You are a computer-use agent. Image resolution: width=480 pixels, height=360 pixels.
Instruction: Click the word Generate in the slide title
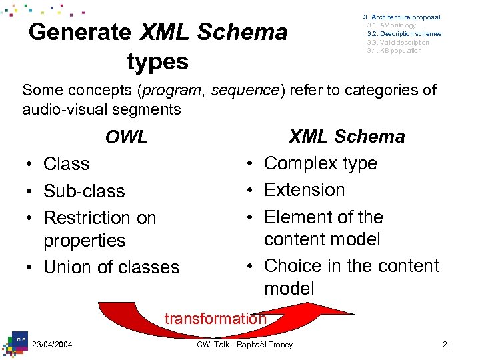[x=80, y=32]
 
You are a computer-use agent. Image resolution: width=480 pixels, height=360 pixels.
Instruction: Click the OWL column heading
[x=126, y=137]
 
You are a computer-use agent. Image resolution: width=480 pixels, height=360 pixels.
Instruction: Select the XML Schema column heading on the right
[x=346, y=137]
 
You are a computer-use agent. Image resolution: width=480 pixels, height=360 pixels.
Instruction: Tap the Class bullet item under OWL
[x=66, y=164]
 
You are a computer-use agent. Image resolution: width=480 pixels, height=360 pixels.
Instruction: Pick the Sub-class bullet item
[x=84, y=191]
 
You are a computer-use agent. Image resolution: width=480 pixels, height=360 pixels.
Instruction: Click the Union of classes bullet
[x=111, y=267]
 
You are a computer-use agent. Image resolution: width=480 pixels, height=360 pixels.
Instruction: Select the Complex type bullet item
[x=320, y=163]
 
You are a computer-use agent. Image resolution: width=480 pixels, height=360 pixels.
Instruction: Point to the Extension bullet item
[x=304, y=190]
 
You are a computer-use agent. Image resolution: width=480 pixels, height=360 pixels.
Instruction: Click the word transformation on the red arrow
[x=215, y=319]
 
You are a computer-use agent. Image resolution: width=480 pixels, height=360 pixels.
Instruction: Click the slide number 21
[x=447, y=345]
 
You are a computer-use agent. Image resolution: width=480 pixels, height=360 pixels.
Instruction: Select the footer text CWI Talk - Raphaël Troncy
[x=245, y=345]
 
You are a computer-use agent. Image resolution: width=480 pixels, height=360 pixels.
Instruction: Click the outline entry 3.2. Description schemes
[x=403, y=34]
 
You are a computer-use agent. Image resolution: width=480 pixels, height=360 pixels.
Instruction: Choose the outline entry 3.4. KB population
[x=394, y=51]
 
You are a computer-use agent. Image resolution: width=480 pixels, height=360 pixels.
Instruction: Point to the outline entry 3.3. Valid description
[x=397, y=43]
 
